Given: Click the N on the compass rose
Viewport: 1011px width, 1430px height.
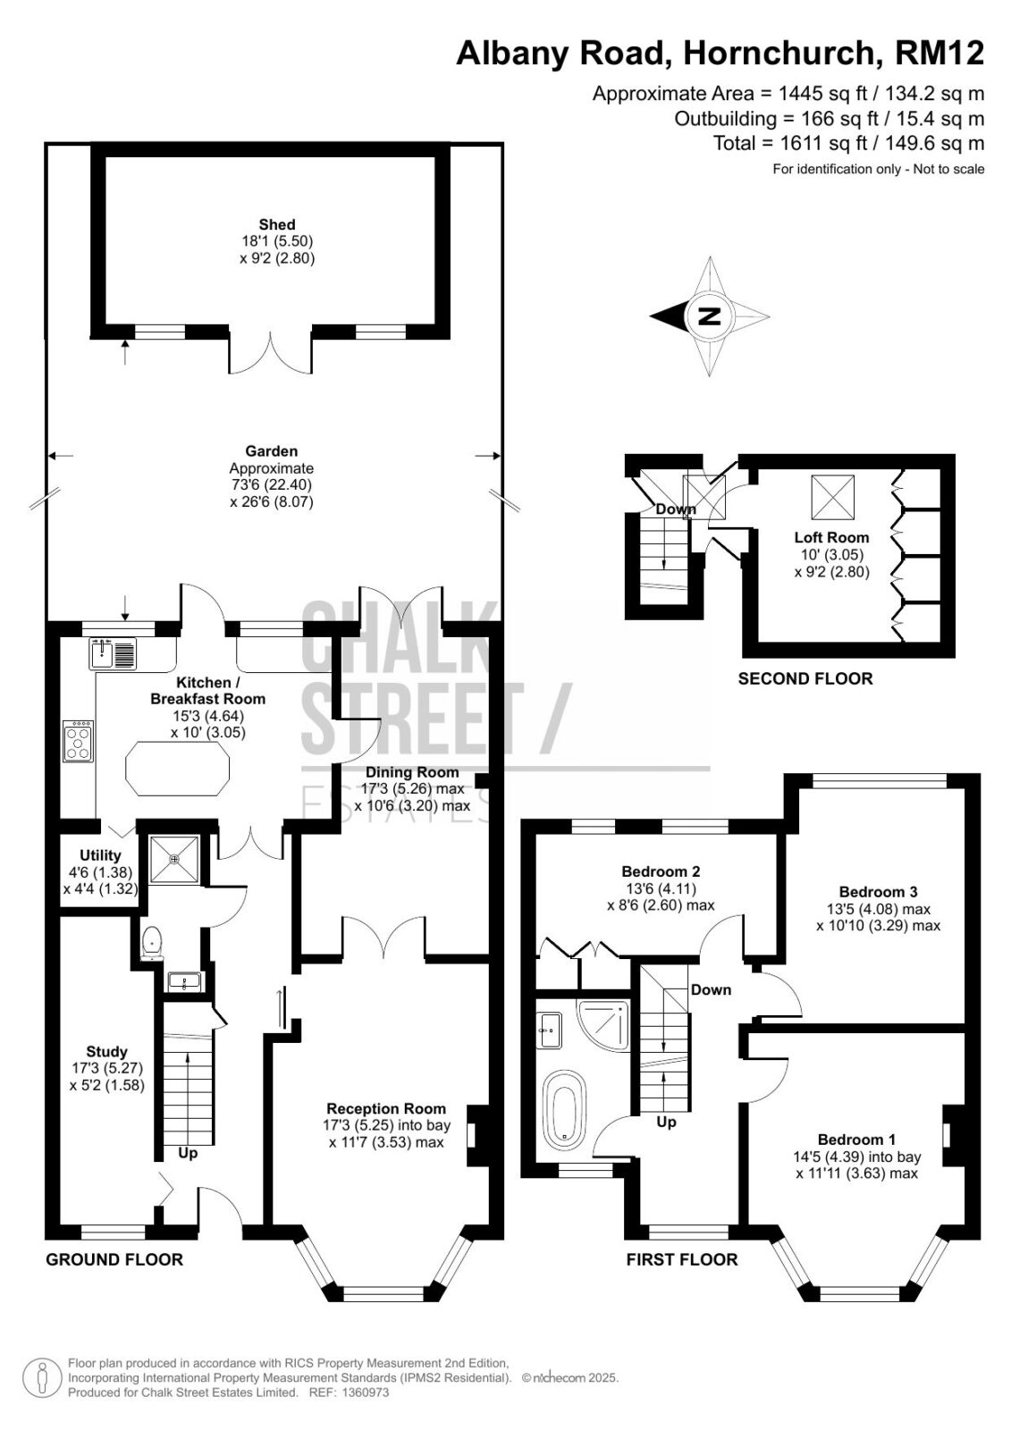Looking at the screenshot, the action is [x=709, y=316].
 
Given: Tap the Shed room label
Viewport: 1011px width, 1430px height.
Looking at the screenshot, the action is [x=276, y=224].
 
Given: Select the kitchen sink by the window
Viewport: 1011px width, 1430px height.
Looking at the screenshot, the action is [x=113, y=652].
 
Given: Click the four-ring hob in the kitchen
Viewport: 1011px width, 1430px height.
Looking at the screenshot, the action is [x=78, y=741].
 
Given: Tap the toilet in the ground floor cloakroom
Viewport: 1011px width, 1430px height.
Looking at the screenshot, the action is [x=151, y=943].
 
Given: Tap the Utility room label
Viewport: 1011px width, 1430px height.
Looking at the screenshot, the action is [x=100, y=854].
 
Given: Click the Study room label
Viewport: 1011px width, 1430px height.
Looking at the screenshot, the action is [x=106, y=1051].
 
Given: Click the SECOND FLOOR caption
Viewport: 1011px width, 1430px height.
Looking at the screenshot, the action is [x=805, y=678].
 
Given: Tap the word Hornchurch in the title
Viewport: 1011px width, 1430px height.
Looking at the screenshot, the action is [x=778, y=53].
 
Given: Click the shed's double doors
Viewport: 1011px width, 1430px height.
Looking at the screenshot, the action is [x=271, y=351].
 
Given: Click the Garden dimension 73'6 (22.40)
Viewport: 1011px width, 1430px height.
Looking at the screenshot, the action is [x=272, y=484].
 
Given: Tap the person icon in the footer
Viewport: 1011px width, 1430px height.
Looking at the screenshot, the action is [x=42, y=1377].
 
